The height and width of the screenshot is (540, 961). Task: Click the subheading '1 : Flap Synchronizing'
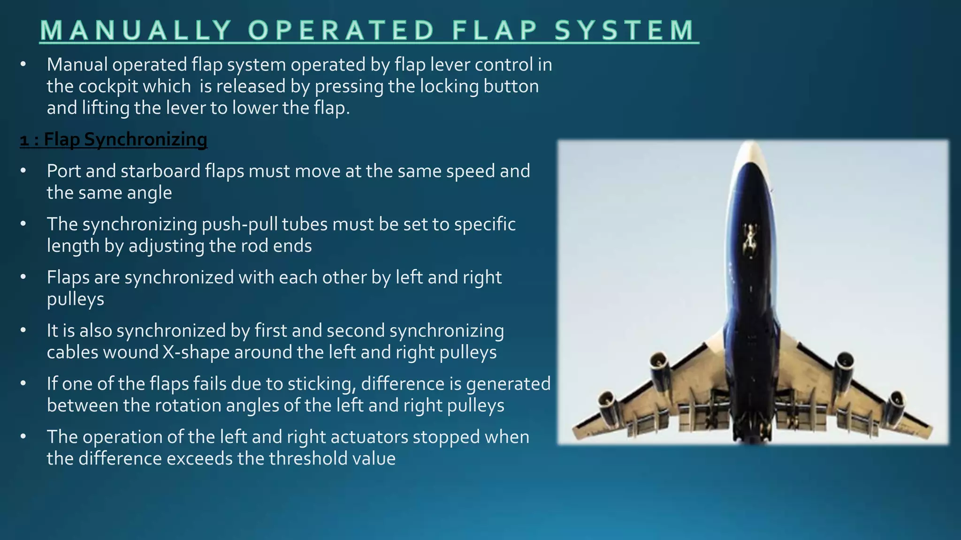pyautogui.click(x=114, y=140)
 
